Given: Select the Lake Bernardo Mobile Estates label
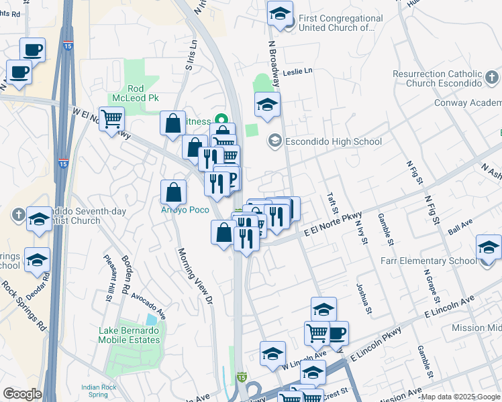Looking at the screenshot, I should pyautogui.click(x=130, y=335).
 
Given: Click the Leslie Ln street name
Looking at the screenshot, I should pyautogui.click(x=298, y=71).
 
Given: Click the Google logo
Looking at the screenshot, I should pyautogui.click(x=22, y=394).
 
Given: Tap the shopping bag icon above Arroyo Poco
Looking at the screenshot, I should pyautogui.click(x=174, y=192).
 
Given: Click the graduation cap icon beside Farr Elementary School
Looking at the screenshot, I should pyautogui.click(x=489, y=249).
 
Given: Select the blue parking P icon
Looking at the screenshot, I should pyautogui.click(x=232, y=179).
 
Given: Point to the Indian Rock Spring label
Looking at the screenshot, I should pyautogui.click(x=99, y=391).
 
